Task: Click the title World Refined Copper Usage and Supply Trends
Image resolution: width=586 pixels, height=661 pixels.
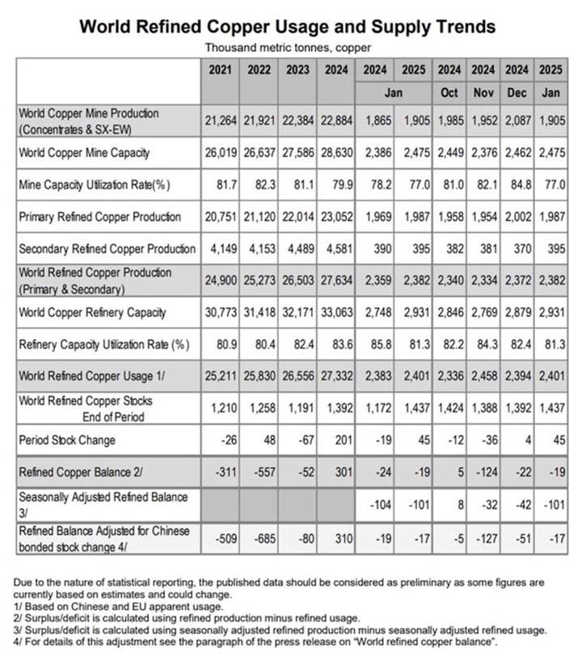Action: click(x=287, y=27)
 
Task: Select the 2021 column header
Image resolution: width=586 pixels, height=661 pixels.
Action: click(x=219, y=70)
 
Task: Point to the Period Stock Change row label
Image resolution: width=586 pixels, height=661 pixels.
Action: click(x=67, y=440)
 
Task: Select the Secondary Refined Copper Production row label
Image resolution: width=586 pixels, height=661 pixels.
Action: click(x=107, y=248)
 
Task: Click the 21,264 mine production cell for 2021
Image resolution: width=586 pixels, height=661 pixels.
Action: click(x=219, y=120)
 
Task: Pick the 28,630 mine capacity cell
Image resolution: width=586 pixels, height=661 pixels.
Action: click(x=336, y=152)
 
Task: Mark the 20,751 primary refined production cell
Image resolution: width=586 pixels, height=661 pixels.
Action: click(x=219, y=217)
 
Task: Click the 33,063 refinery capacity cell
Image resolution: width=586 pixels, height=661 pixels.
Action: click(x=336, y=312)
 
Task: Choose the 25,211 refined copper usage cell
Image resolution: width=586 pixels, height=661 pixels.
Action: click(x=219, y=376)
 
